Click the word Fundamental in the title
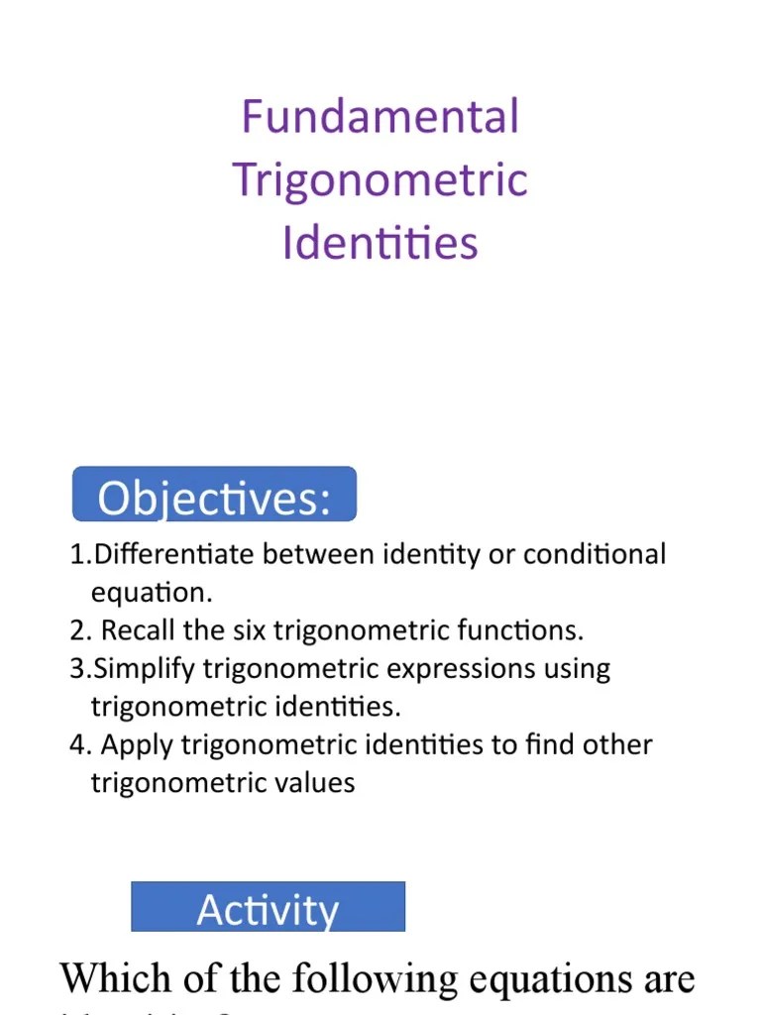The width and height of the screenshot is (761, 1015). click(380, 117)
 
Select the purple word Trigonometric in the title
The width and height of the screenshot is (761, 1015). click(380, 180)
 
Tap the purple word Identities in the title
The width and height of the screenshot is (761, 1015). click(380, 243)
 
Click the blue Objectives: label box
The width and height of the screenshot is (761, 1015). click(214, 495)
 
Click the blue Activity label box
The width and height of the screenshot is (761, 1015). click(268, 907)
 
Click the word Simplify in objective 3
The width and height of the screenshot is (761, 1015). click(145, 669)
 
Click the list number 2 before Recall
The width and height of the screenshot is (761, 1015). click(78, 631)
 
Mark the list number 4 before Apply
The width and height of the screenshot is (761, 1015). click(78, 745)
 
